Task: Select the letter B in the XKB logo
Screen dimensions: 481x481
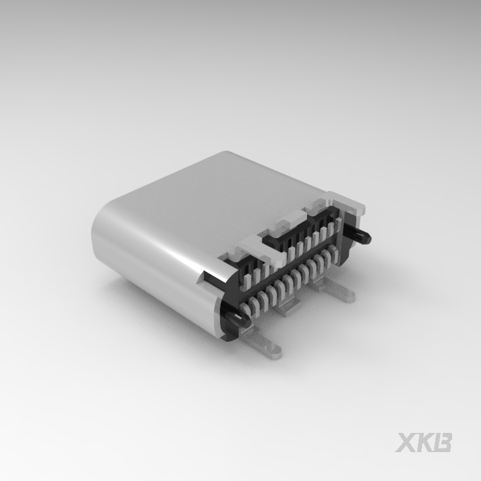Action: (x=442, y=442)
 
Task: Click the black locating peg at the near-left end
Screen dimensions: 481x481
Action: (x=238, y=318)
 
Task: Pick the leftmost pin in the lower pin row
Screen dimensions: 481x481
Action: (x=244, y=307)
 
